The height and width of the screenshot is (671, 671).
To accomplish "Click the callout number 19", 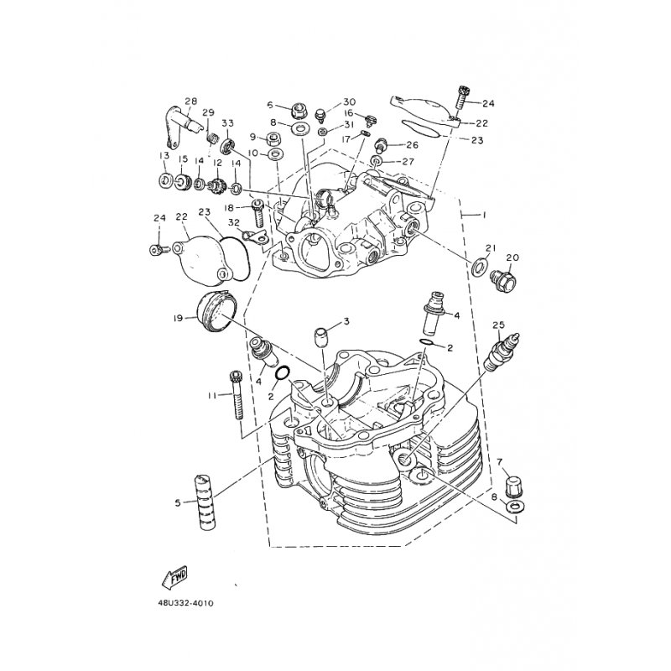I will tap(177, 318).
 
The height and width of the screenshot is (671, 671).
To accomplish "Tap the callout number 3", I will tap(345, 322).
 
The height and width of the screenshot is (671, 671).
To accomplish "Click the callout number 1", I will tap(483, 216).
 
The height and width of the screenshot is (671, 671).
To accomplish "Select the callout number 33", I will tap(227, 123).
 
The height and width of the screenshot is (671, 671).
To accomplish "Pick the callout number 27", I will tap(408, 162).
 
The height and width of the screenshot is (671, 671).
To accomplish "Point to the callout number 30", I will tap(350, 101).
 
